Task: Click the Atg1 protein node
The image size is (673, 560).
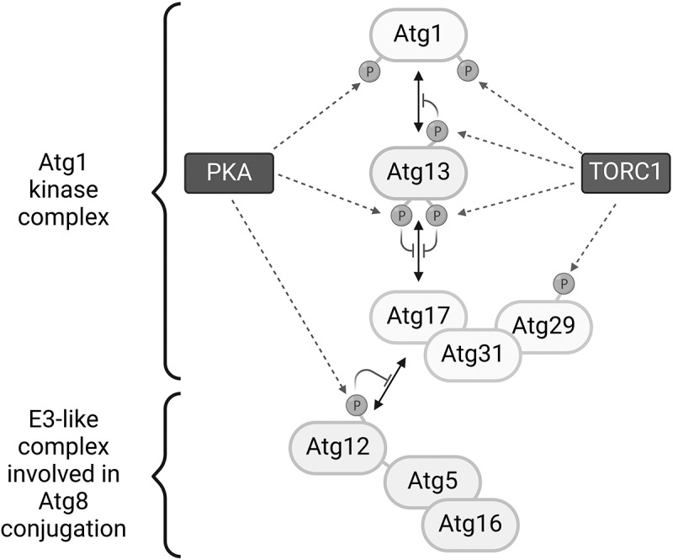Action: pos(418,34)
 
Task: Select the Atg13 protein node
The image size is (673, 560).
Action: pos(418,172)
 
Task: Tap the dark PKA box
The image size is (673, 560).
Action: pos(229,173)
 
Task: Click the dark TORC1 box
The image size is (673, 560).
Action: pos(626,173)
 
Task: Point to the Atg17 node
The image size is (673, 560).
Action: pos(418,317)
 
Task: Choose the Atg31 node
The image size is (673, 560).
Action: pos(472,355)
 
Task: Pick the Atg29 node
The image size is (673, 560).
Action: pos(544,325)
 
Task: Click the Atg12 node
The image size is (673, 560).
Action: pos(338,447)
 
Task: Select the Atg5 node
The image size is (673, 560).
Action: pos(432,481)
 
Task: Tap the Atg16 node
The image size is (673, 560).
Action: pos(470,524)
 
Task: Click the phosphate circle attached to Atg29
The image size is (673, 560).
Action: pos(564,284)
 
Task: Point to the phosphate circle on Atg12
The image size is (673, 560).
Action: pos(357,405)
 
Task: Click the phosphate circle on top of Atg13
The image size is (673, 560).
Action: pos(437,131)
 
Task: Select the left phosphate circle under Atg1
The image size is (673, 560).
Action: pos(369,72)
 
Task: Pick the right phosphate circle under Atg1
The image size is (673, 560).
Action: pos(468,71)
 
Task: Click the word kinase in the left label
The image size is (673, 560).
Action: pos(64,189)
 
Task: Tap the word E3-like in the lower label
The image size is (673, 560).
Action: pos(64,419)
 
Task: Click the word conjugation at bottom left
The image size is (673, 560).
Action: pos(64,529)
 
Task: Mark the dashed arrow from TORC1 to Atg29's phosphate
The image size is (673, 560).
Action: pos(594,237)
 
